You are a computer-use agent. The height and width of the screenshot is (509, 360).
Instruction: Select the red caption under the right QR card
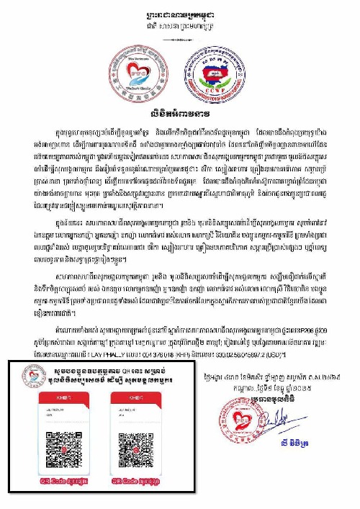pyautogui.click(x=138, y=479)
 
